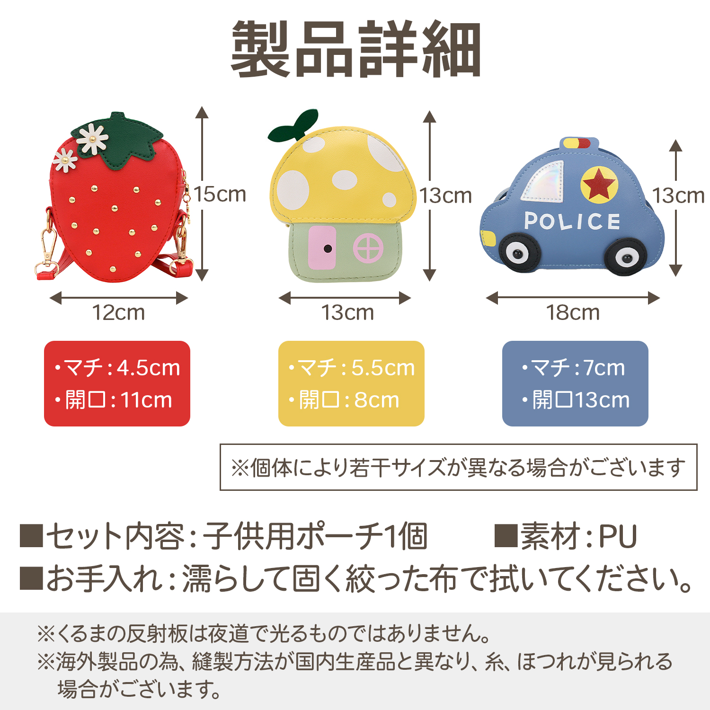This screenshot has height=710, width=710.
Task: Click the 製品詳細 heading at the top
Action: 355,49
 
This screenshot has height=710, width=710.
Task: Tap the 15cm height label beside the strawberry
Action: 220,195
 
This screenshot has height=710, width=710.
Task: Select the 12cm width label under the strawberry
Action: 118,312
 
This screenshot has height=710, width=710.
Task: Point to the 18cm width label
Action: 573,312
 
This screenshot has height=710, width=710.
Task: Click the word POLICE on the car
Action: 572,221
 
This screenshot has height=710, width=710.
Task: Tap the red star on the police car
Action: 599,184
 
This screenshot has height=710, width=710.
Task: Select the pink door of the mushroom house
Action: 322,248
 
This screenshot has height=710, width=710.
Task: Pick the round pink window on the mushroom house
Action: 368,248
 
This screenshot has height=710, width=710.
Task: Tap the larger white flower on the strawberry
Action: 93,138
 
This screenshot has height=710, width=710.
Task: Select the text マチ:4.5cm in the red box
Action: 117,368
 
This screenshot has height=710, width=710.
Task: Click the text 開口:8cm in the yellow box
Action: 344,400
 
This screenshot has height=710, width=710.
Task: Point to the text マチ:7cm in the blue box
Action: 573,368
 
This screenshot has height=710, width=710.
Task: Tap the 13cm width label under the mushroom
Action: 347,312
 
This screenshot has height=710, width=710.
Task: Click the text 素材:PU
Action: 566,536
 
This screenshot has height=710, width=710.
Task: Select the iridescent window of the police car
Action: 543,180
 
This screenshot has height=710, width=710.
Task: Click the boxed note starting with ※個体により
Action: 458,467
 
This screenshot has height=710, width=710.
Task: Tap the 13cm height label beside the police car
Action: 678,195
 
